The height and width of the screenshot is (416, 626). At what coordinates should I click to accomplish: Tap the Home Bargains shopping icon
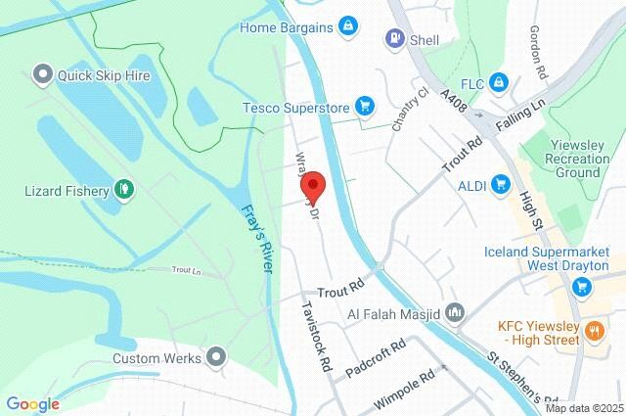(347, 24)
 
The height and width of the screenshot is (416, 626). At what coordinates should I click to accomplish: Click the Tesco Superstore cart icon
(364, 104)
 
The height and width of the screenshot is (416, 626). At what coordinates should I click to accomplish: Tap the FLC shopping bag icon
(499, 82)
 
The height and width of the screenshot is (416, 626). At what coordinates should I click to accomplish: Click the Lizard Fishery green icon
(124, 189)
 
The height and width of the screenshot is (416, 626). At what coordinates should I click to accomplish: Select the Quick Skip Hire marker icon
(42, 73)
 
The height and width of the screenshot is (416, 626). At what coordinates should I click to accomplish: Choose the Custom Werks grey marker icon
(216, 357)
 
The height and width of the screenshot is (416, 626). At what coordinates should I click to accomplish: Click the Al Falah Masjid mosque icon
(454, 313)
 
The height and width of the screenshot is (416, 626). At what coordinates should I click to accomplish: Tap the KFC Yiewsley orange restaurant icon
(594, 331)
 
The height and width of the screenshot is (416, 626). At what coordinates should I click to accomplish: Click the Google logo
(32, 403)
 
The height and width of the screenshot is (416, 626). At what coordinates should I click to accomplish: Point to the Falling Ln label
(519, 108)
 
